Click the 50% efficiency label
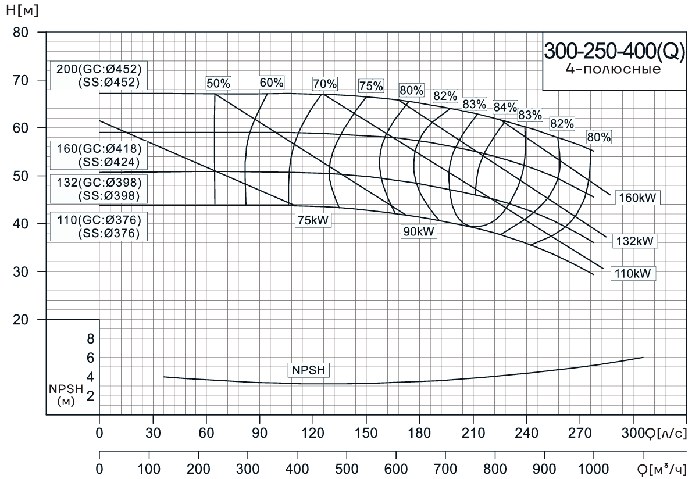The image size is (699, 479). [219, 84]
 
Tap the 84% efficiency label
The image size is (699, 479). [505, 107]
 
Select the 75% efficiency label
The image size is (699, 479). [371, 86]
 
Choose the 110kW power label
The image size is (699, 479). [633, 273]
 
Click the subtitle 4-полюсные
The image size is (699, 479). [613, 70]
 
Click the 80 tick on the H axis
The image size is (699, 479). [21, 32]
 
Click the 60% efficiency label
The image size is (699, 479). [272, 83]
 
